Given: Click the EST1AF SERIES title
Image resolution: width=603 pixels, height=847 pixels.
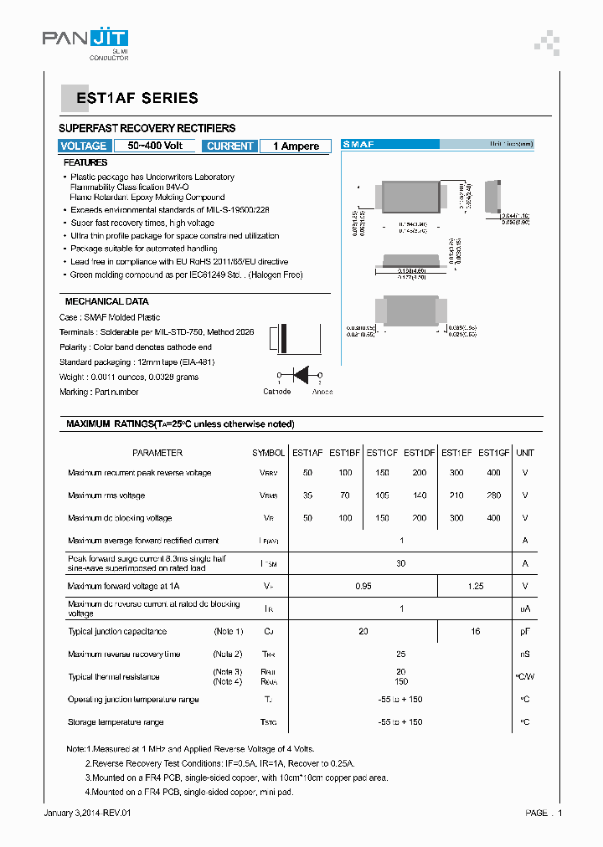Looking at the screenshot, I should (x=137, y=98).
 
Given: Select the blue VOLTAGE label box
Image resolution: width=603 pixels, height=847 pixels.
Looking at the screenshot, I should (x=84, y=146).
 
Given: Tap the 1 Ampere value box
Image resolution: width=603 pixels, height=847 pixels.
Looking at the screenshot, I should (x=296, y=146).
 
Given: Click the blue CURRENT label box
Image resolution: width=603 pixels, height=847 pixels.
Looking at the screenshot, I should (x=229, y=146).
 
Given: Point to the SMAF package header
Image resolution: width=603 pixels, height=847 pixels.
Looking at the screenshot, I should (x=358, y=145).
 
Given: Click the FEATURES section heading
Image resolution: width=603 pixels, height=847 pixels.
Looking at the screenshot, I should (x=85, y=162).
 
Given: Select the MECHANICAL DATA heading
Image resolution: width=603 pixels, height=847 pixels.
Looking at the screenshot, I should (x=107, y=301).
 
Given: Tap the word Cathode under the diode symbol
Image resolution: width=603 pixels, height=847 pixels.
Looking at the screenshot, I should (x=277, y=392).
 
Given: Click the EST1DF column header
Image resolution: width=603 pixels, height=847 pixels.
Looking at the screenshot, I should (x=419, y=453).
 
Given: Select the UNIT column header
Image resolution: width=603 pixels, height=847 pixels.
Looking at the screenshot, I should (x=525, y=453).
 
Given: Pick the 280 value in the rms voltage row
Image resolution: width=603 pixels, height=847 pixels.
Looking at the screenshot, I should (x=493, y=495).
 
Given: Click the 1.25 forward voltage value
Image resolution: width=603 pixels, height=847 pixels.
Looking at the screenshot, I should (x=475, y=587).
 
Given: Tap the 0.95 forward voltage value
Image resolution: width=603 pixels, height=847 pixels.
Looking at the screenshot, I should (x=363, y=587).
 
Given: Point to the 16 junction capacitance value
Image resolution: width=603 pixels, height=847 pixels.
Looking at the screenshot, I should (x=475, y=632).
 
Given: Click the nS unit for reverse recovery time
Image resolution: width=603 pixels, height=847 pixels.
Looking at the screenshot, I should (x=525, y=654).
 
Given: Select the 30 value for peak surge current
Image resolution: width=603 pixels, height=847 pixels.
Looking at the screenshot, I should (x=400, y=563).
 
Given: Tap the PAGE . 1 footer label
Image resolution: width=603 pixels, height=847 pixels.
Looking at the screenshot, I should (x=544, y=813).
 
